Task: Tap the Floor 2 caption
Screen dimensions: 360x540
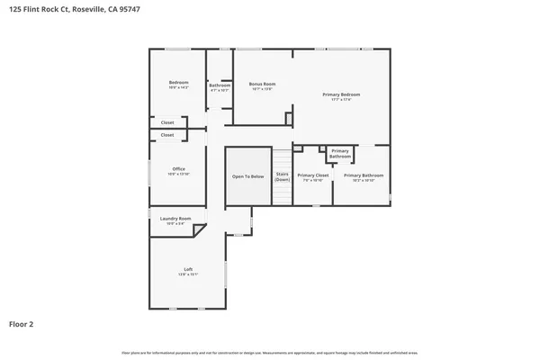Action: tap(22, 323)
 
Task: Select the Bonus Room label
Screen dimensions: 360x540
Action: tap(263, 84)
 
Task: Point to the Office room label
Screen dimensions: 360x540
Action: tap(178, 169)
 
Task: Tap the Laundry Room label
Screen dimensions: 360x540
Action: tap(175, 219)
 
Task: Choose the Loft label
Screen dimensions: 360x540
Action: tap(188, 269)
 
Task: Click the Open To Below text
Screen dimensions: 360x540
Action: tap(248, 176)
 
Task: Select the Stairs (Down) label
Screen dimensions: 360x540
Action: tap(282, 176)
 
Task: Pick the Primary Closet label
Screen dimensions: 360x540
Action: tap(312, 175)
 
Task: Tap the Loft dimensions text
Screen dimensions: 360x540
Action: tap(188, 274)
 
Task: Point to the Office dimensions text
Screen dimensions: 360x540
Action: tap(178, 175)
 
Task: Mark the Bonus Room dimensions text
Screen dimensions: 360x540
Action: tap(263, 89)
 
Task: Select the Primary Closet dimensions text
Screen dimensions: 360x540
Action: tap(312, 180)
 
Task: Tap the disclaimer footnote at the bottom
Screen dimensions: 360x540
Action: tap(270, 352)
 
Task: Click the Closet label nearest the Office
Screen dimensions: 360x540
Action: tap(167, 135)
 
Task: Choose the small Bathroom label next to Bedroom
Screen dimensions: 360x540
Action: tap(220, 85)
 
